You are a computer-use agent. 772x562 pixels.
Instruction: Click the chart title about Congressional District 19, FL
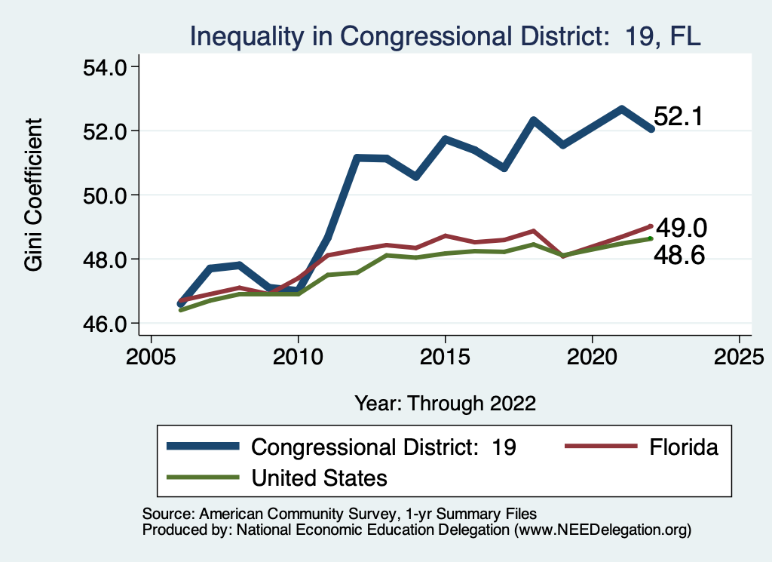coord(445,35)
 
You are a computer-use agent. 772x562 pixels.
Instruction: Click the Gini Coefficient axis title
coord(34,195)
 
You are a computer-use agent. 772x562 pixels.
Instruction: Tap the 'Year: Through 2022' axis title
coord(445,404)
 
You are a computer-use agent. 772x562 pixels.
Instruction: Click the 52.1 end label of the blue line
coord(678,117)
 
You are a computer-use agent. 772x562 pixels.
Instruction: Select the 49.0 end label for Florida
coord(680,229)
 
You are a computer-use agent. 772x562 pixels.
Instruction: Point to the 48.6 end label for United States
coord(680,256)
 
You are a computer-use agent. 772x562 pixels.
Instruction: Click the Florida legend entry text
coord(684,447)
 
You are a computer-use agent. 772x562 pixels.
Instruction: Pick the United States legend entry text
coord(319,477)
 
